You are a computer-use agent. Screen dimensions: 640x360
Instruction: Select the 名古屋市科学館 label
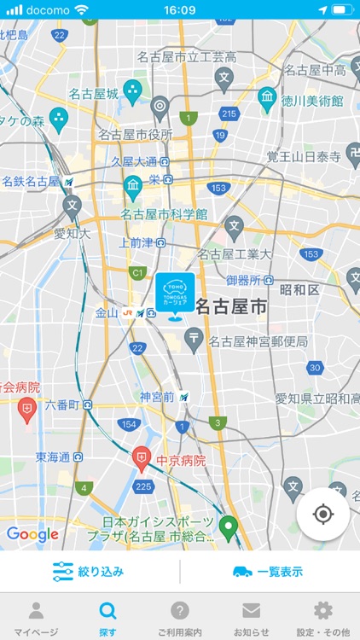pos(164,213)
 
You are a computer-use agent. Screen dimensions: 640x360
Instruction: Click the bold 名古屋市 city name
pos(231,307)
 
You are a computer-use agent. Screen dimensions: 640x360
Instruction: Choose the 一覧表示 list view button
pos(268,571)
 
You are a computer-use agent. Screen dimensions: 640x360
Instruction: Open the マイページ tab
pos(36,618)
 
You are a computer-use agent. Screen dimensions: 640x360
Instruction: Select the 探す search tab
pos(107,618)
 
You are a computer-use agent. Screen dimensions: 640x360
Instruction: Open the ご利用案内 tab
pos(179,618)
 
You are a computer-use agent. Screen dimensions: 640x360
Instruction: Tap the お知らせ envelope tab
pos(251,618)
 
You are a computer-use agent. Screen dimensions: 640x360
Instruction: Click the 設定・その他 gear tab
pos(322,618)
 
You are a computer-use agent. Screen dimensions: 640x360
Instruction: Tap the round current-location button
pos(322,515)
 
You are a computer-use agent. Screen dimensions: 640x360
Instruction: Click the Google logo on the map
pos(32,534)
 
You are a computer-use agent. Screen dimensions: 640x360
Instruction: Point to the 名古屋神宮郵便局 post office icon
pos(195,341)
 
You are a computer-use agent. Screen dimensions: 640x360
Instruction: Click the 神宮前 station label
pos(157,397)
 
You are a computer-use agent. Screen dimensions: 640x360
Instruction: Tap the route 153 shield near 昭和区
pos(311,254)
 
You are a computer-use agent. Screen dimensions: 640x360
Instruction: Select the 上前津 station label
pos(136,242)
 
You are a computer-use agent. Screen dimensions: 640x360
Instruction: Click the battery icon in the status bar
pos(341,9)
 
